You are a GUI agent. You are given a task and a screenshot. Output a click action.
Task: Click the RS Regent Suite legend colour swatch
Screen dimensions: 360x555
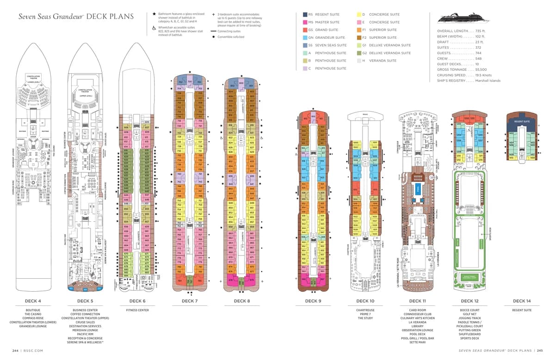[x=305, y=15]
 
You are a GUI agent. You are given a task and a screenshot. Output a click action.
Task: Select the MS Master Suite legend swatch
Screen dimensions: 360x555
[x=305, y=22]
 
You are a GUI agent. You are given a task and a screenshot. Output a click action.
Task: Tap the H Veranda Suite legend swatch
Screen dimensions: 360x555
[x=359, y=61]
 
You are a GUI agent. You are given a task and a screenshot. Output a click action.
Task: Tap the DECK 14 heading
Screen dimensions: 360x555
[x=522, y=301]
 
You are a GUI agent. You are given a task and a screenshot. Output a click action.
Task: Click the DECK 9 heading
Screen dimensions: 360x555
[x=312, y=301]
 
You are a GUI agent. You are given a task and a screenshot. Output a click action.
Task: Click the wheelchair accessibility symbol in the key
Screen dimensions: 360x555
[x=154, y=28]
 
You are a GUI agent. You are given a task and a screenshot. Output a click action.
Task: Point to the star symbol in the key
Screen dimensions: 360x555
[x=154, y=14]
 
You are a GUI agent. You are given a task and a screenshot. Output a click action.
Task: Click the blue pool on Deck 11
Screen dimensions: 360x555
[x=418, y=189]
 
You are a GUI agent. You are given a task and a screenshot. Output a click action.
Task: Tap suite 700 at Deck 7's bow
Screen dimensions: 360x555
[x=190, y=82]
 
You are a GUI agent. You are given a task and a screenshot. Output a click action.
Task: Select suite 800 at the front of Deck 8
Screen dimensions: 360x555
[x=241, y=83]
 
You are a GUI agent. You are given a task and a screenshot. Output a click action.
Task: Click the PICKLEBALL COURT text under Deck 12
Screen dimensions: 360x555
[x=469, y=326]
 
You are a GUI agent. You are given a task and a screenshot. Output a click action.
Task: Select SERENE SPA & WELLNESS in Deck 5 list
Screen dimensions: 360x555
[x=85, y=342]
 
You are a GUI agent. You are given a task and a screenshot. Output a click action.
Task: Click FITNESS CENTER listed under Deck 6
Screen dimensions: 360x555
[x=137, y=311]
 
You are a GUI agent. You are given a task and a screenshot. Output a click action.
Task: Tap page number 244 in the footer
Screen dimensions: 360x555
[x=16, y=351]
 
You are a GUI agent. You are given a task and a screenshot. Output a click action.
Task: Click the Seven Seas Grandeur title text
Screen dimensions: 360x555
[x=51, y=17]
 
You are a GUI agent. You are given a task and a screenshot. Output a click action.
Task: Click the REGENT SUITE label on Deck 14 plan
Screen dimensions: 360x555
[x=521, y=122]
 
